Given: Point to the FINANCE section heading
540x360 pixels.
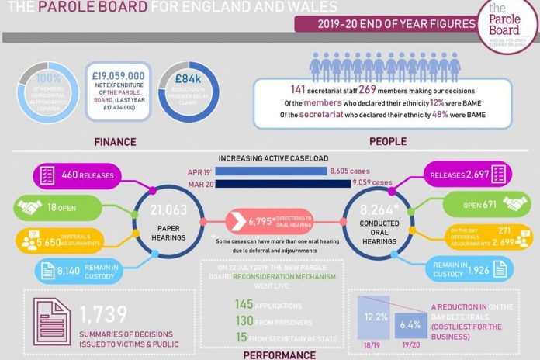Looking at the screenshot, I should coord(116,142).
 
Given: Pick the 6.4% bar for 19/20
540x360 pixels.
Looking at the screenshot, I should coord(411,325).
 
